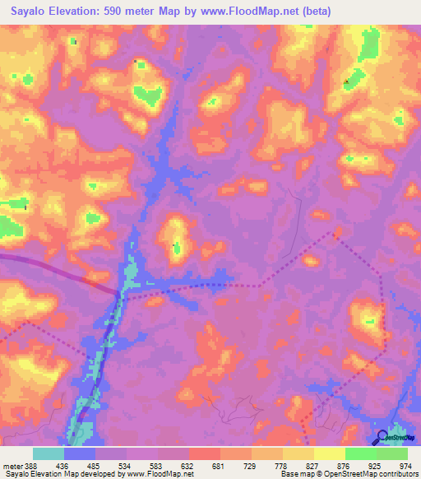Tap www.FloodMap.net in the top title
(251, 11)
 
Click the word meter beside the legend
(12, 463)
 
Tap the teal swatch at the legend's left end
(49, 453)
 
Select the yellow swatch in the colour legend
(330, 453)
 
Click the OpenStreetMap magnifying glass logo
(382, 438)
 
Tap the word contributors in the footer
(397, 474)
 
